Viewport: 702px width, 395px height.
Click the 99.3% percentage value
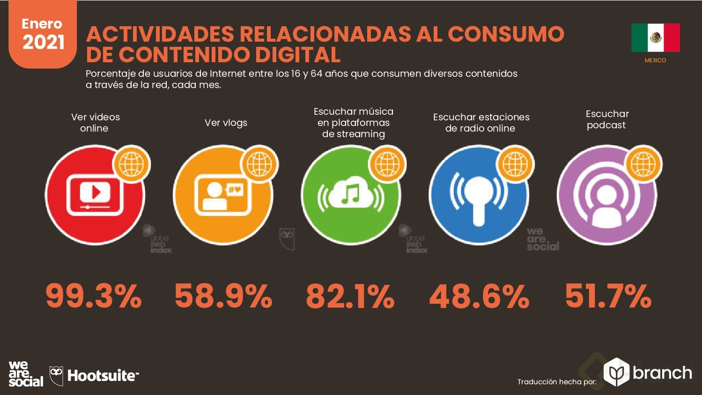coord(94,297)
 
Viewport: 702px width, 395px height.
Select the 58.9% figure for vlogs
coord(223,297)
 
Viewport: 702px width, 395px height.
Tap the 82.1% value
coord(350,297)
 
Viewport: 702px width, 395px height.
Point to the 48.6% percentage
coord(479,297)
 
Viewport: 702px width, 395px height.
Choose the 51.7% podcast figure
coord(608,297)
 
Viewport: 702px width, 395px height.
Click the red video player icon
coord(95,195)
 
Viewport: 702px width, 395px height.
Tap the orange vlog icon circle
coord(222,195)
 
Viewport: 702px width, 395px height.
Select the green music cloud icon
coord(351,195)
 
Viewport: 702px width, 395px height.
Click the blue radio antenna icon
coord(479,195)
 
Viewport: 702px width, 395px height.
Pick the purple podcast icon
coord(607,195)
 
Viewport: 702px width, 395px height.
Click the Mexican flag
coord(655,38)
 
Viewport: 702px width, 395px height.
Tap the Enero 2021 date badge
coord(43,34)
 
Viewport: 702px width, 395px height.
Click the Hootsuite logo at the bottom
coord(95,376)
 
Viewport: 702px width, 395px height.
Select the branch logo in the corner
coord(648,373)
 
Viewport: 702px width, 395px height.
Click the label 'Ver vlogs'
coord(226,123)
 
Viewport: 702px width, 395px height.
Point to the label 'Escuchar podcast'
coord(607,119)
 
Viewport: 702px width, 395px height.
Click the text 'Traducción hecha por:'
coord(557,382)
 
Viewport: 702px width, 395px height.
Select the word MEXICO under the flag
coord(655,60)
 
